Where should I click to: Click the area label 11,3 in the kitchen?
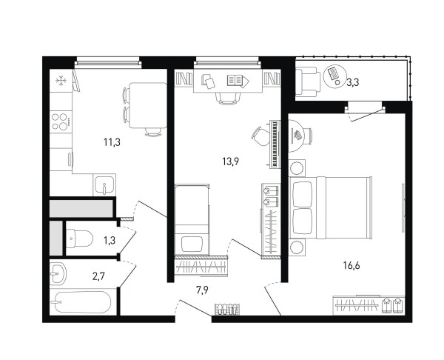pyautogui.click(x=112, y=142)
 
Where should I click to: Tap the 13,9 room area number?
pyautogui.click(x=231, y=161)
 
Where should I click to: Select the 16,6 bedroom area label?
pyautogui.click(x=351, y=266)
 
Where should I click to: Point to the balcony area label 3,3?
pyautogui.click(x=352, y=82)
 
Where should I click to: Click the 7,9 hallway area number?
pyautogui.click(x=203, y=290)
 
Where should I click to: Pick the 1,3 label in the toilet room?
pyautogui.click(x=110, y=241)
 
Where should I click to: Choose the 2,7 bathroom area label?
pyautogui.click(x=98, y=276)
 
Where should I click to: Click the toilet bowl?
pyautogui.click(x=79, y=239)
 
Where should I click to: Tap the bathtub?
pyautogui.click(x=83, y=302)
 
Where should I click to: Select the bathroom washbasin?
pyautogui.click(x=58, y=273)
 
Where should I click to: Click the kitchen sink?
pyautogui.click(x=104, y=184)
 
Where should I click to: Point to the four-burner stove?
pyautogui.click(x=61, y=121)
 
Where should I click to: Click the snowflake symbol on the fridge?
pyautogui.click(x=61, y=81)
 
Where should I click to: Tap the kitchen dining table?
pyautogui.click(x=148, y=105)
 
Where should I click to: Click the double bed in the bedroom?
pyautogui.click(x=330, y=208)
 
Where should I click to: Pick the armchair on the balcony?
pyautogui.click(x=308, y=82)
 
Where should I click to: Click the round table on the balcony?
pyautogui.click(x=335, y=76)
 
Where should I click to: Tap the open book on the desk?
pyautogui.click(x=238, y=81)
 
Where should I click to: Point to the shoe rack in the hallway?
pyautogui.click(x=227, y=310)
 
